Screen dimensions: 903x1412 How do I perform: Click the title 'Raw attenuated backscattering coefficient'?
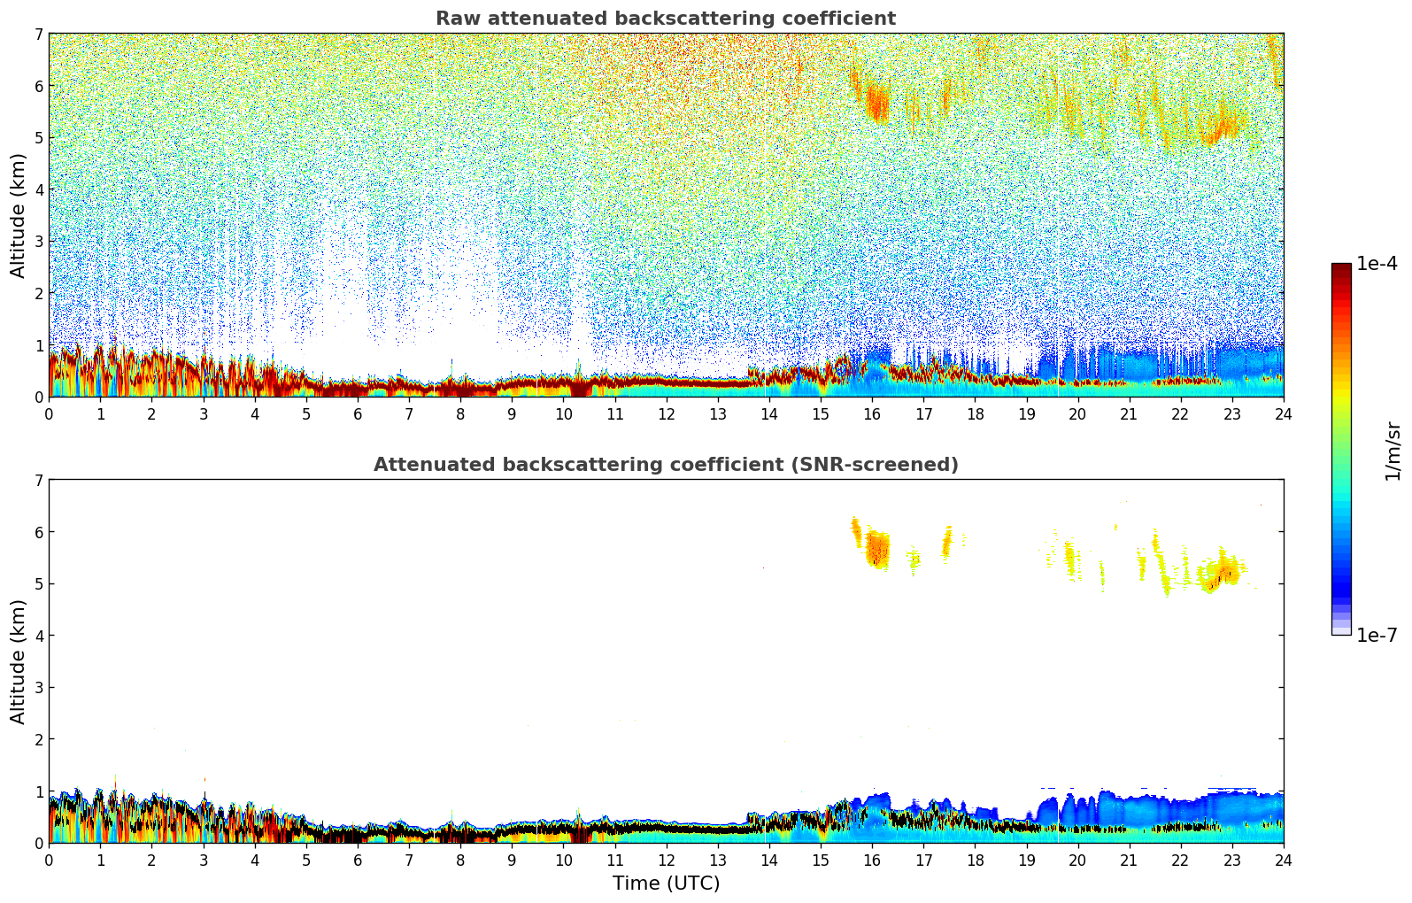665,19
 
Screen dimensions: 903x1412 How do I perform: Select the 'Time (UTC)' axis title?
666,884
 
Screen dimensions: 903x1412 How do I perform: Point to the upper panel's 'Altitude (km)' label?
19,215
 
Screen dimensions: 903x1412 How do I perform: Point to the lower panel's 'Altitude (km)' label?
19,661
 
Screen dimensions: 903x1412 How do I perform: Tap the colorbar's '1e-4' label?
1377,264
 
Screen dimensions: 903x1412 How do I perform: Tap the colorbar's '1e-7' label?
1377,635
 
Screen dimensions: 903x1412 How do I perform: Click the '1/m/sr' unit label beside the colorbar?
1393,451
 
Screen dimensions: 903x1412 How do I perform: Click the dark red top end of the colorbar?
1340,267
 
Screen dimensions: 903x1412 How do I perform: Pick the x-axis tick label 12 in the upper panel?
666,413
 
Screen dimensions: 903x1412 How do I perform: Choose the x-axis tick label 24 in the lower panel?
1283,860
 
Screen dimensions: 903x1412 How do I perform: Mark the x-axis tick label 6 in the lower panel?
358,860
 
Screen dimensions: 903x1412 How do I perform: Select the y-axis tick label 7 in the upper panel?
38,35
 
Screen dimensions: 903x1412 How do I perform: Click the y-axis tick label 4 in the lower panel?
38,636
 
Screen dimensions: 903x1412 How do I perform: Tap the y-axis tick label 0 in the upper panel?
38,397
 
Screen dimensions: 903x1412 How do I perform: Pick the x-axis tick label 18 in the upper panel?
975,413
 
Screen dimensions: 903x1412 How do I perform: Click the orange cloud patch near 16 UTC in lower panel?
876,550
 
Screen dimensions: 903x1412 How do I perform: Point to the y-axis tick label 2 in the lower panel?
38,739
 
